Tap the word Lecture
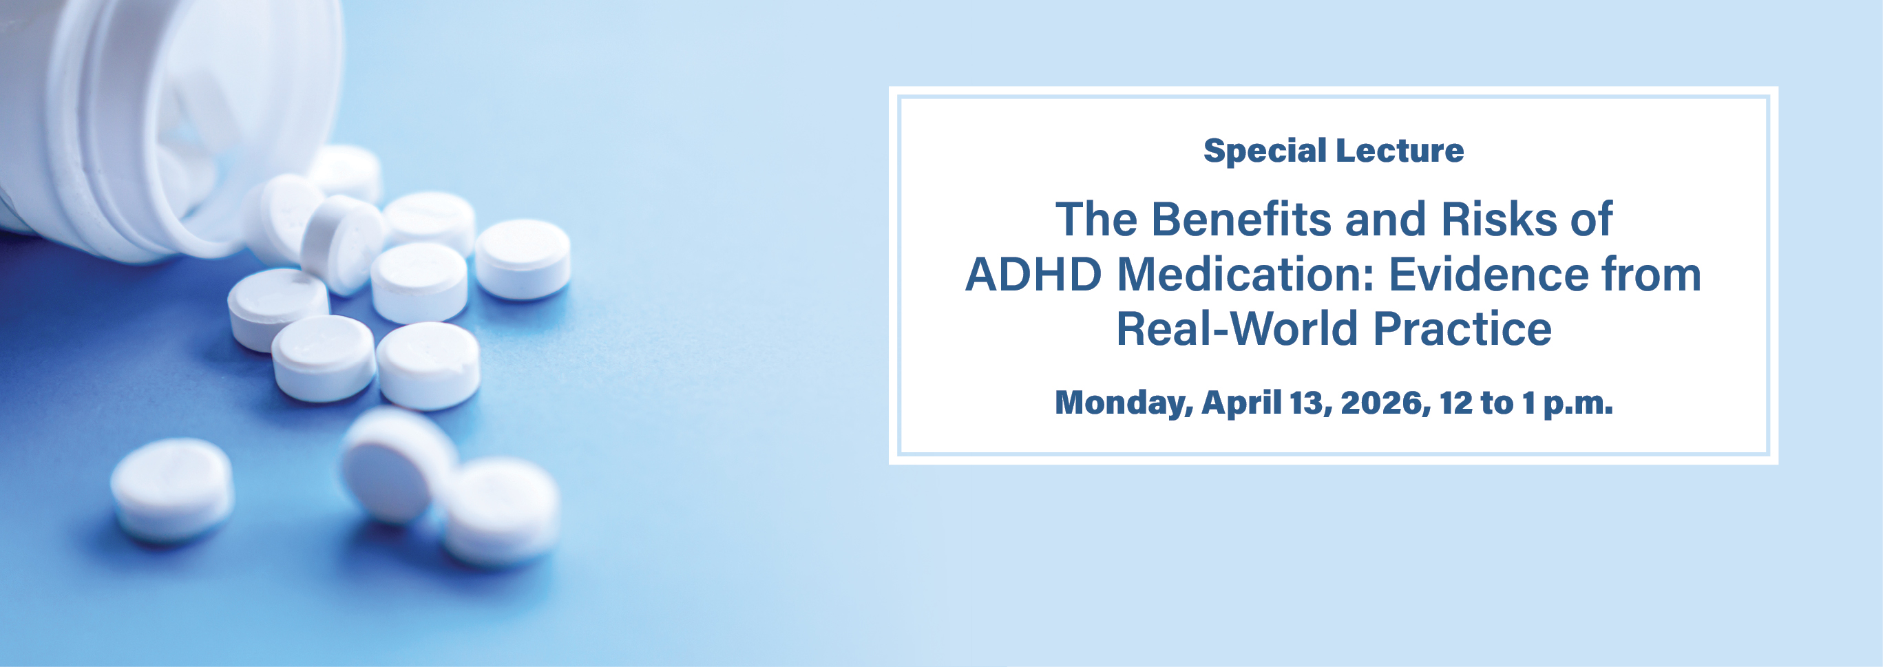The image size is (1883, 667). pos(1399,151)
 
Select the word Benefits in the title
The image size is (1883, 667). pos(1243,219)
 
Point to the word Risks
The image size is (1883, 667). pos(1499,219)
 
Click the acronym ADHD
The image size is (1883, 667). pos(1033,275)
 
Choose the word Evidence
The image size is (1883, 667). pos(1488,275)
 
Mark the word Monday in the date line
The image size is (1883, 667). pos(1123,403)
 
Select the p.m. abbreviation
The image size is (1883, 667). pos(1577,403)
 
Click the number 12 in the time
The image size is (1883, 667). pos(1455,403)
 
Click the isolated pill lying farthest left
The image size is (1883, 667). pos(173,488)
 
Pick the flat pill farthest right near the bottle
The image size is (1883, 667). pos(523,258)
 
